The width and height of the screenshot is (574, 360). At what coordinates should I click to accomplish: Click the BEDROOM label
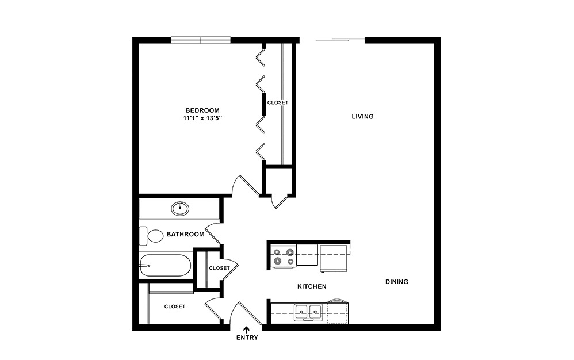(202, 110)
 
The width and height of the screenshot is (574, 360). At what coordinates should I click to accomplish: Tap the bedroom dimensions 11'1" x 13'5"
(202, 118)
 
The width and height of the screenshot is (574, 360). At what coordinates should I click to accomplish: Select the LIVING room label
(362, 117)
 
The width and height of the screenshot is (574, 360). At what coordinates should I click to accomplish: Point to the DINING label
(396, 282)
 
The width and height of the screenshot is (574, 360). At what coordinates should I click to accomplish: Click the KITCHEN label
(312, 286)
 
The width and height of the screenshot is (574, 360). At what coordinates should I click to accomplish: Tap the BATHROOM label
(185, 235)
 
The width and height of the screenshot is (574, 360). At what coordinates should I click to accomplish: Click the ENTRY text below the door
(247, 338)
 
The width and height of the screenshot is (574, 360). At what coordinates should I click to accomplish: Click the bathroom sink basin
(180, 208)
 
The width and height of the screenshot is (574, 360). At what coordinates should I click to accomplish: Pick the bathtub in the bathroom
(164, 265)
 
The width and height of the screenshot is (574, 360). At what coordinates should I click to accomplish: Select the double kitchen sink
(308, 313)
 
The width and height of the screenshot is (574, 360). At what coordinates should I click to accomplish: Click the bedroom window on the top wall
(201, 40)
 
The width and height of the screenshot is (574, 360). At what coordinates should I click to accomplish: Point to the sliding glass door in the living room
(339, 39)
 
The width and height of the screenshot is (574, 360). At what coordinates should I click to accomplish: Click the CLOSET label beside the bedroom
(277, 102)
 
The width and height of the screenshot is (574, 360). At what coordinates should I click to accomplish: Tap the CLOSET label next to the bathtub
(219, 268)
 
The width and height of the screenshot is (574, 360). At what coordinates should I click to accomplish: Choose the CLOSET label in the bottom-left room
(174, 307)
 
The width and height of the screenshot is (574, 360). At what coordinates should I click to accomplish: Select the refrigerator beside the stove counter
(334, 256)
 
